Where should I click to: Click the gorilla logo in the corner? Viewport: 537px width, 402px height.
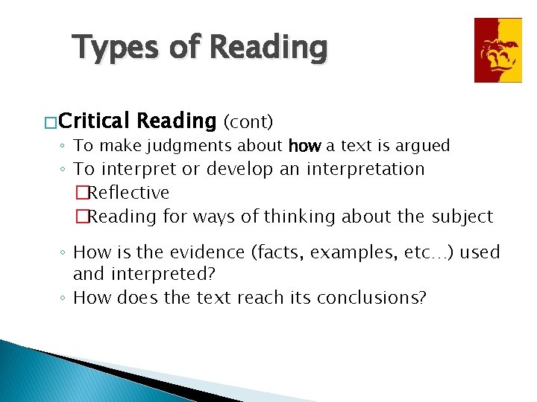[498, 50]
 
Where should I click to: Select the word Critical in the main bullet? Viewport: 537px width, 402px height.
[94, 120]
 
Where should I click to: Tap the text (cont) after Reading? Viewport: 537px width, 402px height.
[248, 121]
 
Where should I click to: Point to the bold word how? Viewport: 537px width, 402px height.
[304, 146]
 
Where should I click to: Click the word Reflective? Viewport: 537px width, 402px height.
[129, 193]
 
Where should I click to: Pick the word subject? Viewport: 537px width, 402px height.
[462, 217]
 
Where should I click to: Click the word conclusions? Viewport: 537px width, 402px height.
[371, 298]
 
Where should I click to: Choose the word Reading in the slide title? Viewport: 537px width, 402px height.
[268, 48]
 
